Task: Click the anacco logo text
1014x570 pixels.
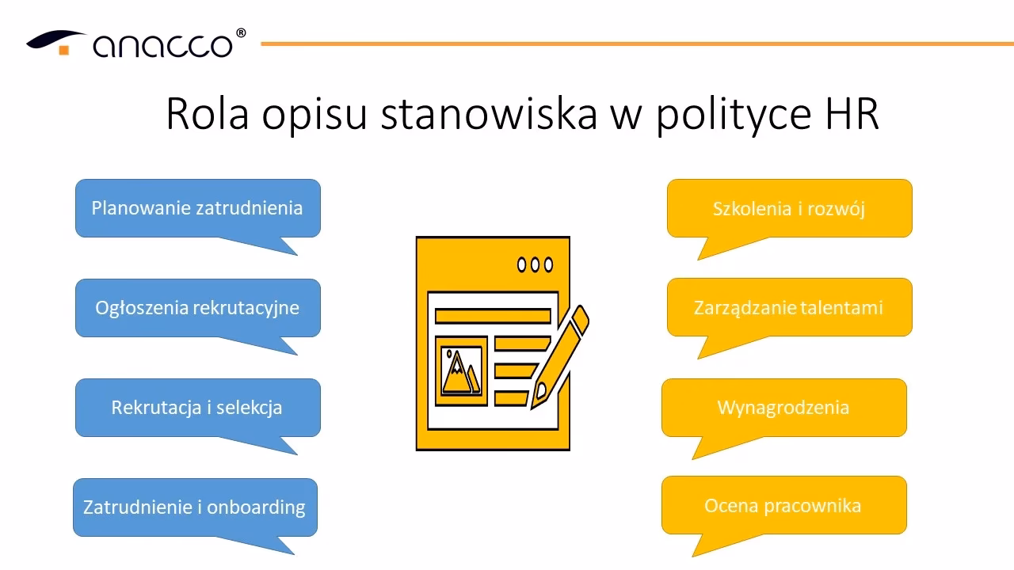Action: (x=163, y=45)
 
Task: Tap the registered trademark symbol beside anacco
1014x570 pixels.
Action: (x=241, y=33)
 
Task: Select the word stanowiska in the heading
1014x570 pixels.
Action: (x=489, y=114)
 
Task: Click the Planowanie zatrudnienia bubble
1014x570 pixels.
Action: (x=197, y=208)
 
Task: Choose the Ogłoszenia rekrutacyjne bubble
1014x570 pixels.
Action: (x=197, y=307)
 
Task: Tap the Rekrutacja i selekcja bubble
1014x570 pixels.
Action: (x=197, y=408)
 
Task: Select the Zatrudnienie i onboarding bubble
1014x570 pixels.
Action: (x=195, y=507)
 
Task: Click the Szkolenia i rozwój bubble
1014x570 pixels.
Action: (x=789, y=209)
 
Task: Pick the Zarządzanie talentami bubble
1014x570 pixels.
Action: (x=789, y=307)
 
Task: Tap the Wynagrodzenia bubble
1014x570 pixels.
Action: (x=783, y=408)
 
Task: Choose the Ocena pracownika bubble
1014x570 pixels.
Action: (x=783, y=505)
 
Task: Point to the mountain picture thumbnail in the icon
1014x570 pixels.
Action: (x=461, y=370)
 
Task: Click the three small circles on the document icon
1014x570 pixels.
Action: (x=535, y=264)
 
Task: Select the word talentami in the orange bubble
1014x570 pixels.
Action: (x=841, y=307)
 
